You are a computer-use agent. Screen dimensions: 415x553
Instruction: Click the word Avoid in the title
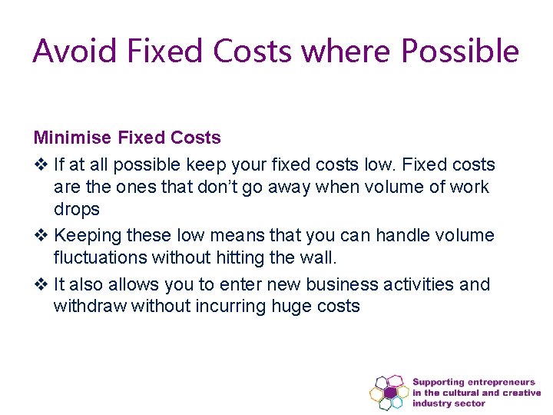[75, 51]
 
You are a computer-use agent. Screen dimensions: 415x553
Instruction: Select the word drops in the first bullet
[77, 210]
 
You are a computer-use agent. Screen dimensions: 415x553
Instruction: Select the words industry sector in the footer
[449, 403]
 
